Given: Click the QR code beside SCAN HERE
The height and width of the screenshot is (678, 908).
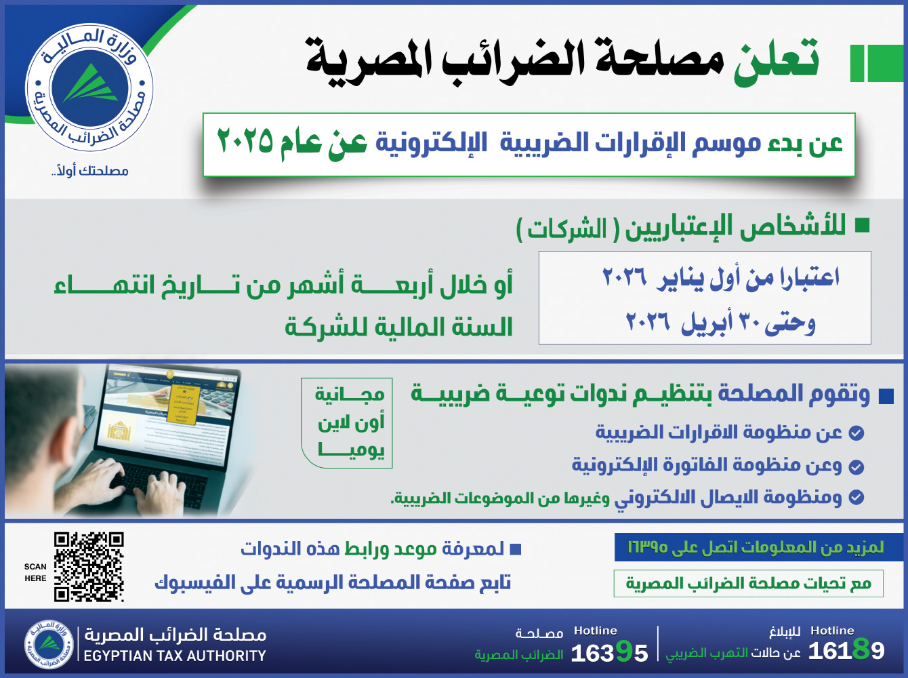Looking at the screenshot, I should tap(89, 567).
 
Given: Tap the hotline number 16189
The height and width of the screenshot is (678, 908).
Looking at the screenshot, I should tap(846, 651).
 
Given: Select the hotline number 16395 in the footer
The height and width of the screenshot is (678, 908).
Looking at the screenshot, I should tap(609, 653).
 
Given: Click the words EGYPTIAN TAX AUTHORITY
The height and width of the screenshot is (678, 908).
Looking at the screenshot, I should tap(175, 656).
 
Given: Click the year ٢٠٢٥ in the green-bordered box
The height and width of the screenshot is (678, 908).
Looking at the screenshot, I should tap(245, 141).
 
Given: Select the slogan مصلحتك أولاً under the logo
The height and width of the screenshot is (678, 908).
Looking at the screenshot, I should tap(89, 170).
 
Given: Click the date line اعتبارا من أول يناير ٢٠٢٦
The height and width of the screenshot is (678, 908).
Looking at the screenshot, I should tap(721, 278).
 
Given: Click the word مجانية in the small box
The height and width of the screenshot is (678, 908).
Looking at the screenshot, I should tap(350, 394).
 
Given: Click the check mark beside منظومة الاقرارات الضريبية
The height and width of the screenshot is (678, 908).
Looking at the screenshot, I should tap(857, 433).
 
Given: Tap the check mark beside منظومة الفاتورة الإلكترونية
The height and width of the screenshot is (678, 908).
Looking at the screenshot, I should tap(857, 466).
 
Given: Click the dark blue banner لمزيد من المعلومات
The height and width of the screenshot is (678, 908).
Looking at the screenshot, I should tap(758, 547).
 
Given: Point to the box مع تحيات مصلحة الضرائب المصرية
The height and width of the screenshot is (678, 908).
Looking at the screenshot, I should tap(748, 584).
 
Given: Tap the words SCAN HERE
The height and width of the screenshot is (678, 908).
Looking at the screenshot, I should tap(35, 572).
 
